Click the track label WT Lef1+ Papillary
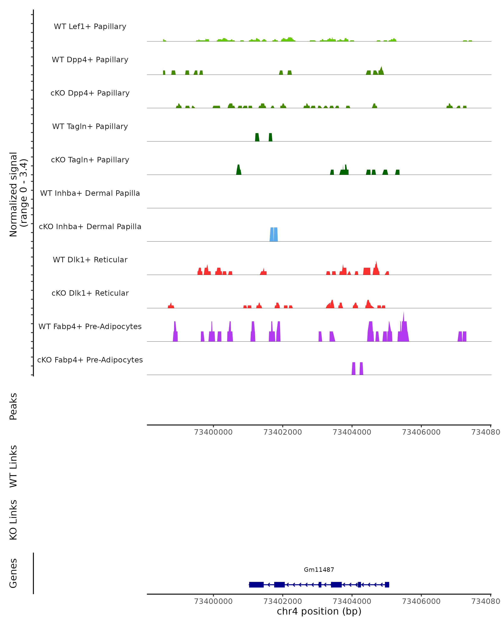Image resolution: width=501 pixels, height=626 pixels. click(x=90, y=27)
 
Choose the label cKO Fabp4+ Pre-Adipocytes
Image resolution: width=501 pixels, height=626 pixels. click(x=90, y=360)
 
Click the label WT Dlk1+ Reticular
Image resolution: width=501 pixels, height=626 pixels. click(x=90, y=260)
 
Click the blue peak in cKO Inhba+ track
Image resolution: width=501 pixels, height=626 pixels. click(x=274, y=235)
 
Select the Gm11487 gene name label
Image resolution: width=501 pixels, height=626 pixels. click(x=319, y=570)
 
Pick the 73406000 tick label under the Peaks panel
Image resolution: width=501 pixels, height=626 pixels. click(x=421, y=432)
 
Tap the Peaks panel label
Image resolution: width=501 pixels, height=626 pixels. click(x=13, y=406)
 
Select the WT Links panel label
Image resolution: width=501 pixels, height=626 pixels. click(x=13, y=466)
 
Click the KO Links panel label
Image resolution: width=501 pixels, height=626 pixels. click(x=13, y=520)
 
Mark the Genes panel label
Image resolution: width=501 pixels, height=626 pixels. click(x=13, y=573)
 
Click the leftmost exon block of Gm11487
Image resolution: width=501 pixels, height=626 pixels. click(x=256, y=584)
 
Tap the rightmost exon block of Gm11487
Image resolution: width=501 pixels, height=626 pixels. click(x=387, y=584)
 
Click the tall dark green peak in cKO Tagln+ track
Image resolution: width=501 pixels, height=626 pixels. click(x=238, y=170)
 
